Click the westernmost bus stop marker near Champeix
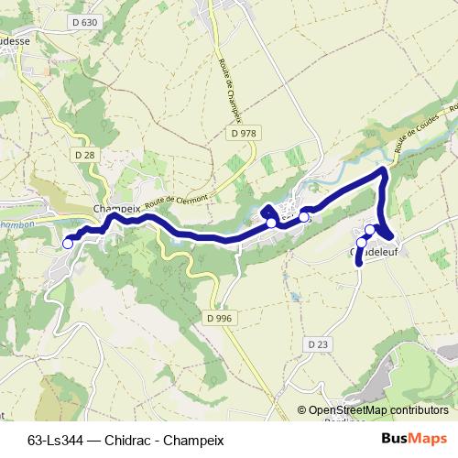click(x=68, y=243)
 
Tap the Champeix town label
click(x=115, y=209)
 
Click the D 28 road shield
click(x=85, y=155)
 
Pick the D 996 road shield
click(x=214, y=316)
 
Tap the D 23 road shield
click(x=318, y=343)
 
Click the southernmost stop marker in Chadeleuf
click(x=362, y=243)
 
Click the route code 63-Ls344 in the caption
click(x=57, y=440)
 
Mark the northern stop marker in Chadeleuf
click(x=370, y=230)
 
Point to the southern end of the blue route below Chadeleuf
click(x=359, y=265)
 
